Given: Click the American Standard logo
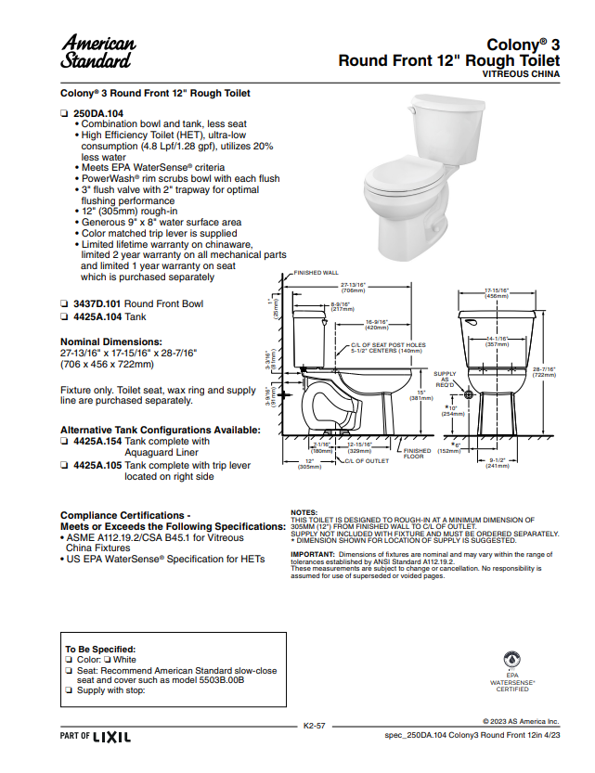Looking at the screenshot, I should (x=97, y=51).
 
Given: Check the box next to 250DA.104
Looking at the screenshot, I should (x=65, y=112).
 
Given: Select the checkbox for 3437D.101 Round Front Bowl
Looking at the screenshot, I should (x=65, y=303).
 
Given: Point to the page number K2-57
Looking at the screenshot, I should (x=314, y=725).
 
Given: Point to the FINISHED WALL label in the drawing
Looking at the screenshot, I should (x=316, y=273).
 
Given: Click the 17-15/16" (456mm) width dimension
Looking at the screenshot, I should (x=497, y=292).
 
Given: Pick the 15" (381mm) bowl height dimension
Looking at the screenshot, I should (x=421, y=395).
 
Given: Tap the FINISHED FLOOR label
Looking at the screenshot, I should (x=413, y=453).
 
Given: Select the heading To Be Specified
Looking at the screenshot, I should (x=100, y=649).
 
